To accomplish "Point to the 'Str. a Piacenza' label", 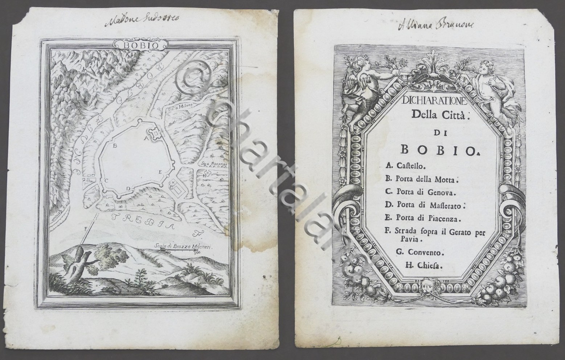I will (x=214, y=164).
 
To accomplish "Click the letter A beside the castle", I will (x=145, y=138).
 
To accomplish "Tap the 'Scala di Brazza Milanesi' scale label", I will (x=183, y=246).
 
